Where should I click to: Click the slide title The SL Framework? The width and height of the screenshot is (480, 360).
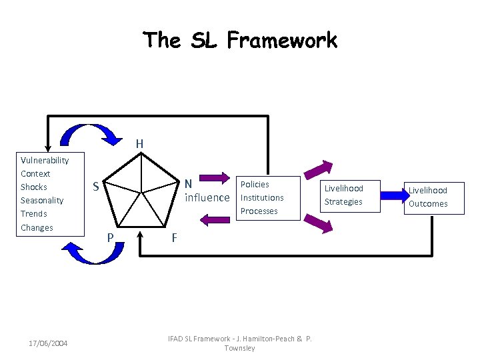pyautogui.click(x=241, y=41)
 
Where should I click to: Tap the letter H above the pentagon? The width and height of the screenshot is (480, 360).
pyautogui.click(x=139, y=143)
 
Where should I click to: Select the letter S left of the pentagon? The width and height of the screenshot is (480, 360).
pyautogui.click(x=96, y=187)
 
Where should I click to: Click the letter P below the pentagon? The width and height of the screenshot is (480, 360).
pyautogui.click(x=111, y=237)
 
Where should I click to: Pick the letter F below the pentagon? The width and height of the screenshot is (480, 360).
pyautogui.click(x=174, y=237)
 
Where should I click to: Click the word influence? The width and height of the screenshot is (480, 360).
pyautogui.click(x=207, y=198)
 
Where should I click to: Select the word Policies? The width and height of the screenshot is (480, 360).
pyautogui.click(x=255, y=185)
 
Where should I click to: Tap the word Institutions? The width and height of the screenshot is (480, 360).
pyautogui.click(x=262, y=198)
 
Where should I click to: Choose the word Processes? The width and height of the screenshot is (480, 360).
pyautogui.click(x=259, y=211)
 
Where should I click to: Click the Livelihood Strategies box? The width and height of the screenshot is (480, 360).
pyautogui.click(x=343, y=195)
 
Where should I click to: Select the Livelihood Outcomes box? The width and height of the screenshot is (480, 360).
pyautogui.click(x=428, y=197)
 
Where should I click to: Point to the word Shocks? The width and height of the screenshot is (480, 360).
pyautogui.click(x=33, y=187)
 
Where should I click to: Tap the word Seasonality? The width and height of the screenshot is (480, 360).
pyautogui.click(x=42, y=201)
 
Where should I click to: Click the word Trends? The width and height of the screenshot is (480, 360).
pyautogui.click(x=33, y=214)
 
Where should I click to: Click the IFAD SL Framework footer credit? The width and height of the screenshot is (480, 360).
pyautogui.click(x=240, y=343)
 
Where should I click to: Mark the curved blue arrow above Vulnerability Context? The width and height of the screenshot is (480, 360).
pyautogui.click(x=87, y=135)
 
